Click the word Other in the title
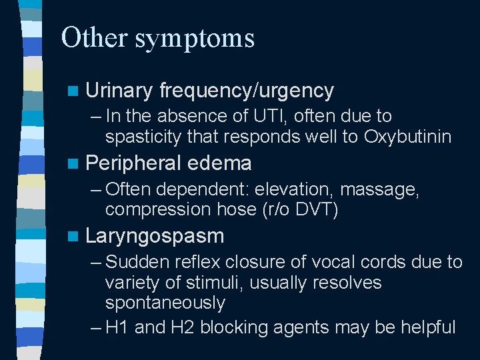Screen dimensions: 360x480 (x=94, y=38)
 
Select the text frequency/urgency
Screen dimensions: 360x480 (x=247, y=91)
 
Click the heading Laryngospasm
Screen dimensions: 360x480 (x=155, y=237)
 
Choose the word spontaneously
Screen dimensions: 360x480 (x=165, y=303)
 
